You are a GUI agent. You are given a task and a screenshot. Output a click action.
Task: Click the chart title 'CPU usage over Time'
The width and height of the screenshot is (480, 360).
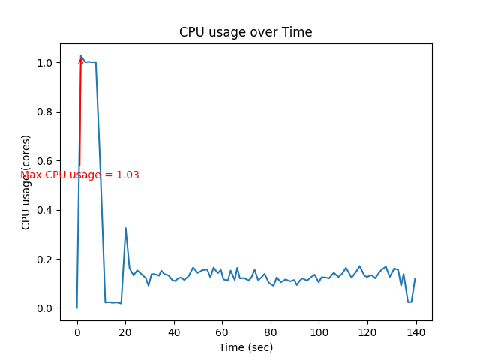tap(245, 32)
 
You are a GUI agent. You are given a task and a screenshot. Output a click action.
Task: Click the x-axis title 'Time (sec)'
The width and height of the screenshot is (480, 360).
tap(245, 347)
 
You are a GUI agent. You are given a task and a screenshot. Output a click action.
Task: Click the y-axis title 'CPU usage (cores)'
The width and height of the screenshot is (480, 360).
tap(26, 182)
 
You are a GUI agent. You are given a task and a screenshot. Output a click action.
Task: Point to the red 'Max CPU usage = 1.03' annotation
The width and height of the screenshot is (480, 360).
tap(79, 175)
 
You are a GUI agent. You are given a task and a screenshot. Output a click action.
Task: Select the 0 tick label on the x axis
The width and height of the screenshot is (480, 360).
tap(76, 331)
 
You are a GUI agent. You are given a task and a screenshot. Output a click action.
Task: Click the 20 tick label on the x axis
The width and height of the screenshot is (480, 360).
tap(125, 331)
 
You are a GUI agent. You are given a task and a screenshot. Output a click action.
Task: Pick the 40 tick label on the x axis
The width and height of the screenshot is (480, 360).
tap(174, 331)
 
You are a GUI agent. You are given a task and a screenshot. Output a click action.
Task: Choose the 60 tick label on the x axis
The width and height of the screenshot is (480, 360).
tap(222, 331)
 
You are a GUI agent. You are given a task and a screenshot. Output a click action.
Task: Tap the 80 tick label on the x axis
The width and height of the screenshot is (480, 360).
tap(271, 331)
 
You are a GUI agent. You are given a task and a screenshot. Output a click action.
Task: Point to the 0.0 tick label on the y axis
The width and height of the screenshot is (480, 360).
tap(45, 308)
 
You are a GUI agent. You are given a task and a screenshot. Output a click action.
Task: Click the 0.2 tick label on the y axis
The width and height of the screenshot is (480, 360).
tap(45, 259)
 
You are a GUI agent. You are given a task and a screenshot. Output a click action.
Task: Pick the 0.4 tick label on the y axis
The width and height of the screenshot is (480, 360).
tap(45, 210)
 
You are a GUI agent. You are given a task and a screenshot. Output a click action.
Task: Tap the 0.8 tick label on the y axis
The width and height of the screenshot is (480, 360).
tap(45, 112)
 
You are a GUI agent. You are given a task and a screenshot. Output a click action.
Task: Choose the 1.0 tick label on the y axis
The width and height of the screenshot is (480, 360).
tap(45, 63)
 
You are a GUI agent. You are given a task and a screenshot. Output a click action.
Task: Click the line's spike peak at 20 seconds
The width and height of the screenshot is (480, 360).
tap(125, 228)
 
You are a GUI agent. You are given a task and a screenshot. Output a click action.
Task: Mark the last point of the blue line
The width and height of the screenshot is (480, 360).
tap(415, 278)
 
